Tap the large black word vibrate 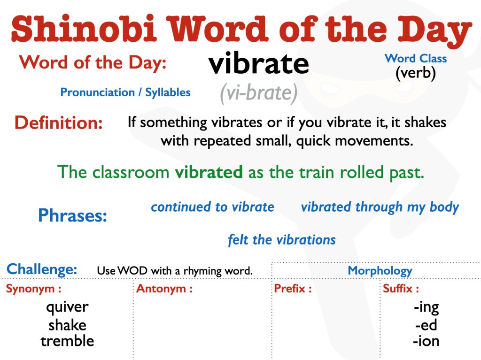(259, 64)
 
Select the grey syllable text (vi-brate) (259, 93)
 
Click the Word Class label (416, 59)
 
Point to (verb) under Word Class (416, 73)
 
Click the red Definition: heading (59, 123)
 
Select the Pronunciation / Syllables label (125, 92)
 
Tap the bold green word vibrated (209, 172)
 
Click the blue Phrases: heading (72, 215)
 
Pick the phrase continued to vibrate (212, 207)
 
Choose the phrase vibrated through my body (380, 207)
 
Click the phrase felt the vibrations (282, 240)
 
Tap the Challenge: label (42, 269)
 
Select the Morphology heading (380, 270)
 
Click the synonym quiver (67, 307)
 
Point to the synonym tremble (67, 341)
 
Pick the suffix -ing (426, 307)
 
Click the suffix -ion (426, 341)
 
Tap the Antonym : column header (164, 289)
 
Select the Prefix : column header (293, 289)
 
